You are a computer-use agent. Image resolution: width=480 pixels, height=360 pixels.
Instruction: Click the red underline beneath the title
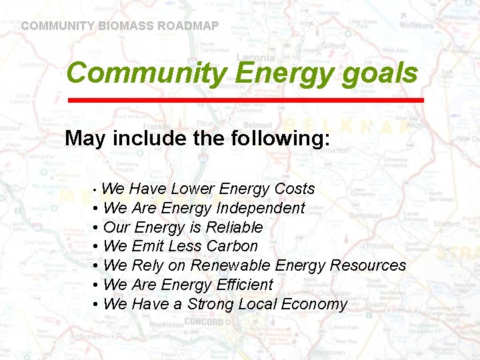coord(246,100)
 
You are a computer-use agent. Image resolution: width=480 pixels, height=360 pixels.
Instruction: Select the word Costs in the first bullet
coord(294,189)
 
